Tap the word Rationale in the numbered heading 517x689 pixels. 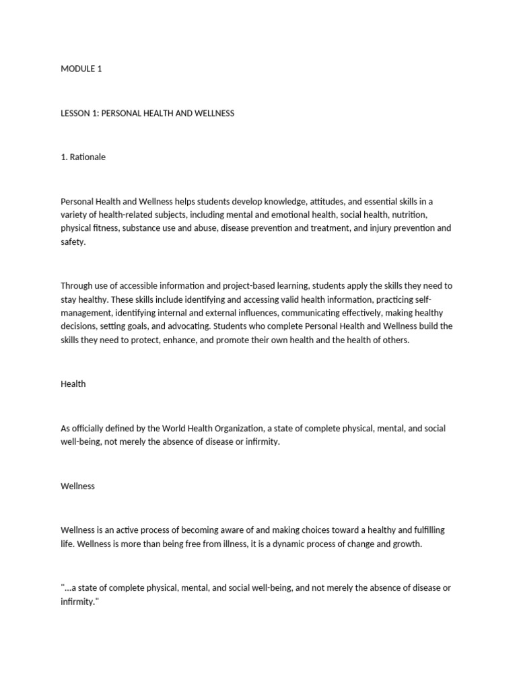(x=88, y=157)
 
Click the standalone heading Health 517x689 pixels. (x=73, y=384)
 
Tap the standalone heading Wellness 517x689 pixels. (x=77, y=486)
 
